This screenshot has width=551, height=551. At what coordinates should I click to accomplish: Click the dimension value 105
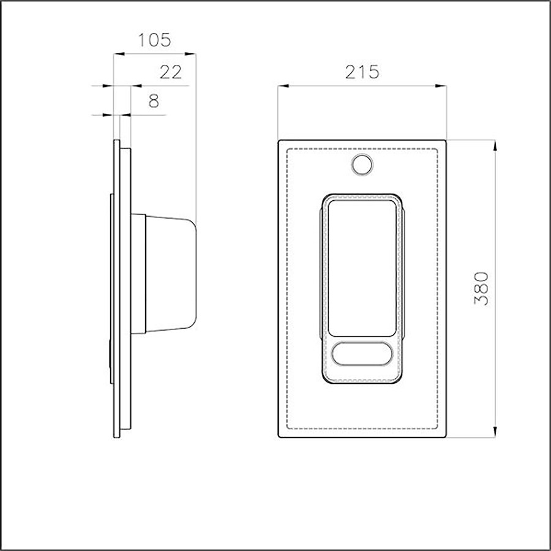point(155,40)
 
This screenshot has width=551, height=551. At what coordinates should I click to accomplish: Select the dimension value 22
point(171,72)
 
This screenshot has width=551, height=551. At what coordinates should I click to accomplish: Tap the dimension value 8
point(154,101)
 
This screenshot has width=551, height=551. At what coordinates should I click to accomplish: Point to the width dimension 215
point(362,72)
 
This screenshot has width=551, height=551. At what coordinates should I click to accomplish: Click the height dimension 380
point(481,288)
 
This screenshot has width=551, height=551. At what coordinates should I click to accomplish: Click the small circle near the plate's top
point(362,165)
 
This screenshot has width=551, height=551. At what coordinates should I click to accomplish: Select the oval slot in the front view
point(362,353)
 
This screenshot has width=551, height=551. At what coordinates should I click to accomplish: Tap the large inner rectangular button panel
point(362,269)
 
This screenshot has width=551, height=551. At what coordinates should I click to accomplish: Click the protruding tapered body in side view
point(171,274)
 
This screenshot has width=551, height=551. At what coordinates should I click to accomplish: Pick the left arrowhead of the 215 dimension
point(283,86)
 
